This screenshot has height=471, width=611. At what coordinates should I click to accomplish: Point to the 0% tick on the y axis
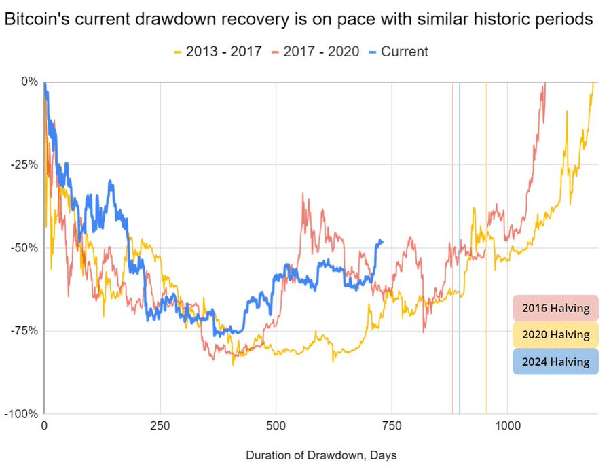pyautogui.click(x=31, y=82)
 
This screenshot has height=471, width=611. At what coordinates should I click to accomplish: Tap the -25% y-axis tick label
pyautogui.click(x=26, y=164)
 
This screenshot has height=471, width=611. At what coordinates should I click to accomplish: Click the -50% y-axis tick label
pyautogui.click(x=26, y=248)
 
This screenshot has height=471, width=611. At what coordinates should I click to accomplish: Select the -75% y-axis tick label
pyautogui.click(x=26, y=331)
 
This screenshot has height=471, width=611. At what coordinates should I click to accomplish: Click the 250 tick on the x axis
pyautogui.click(x=160, y=427)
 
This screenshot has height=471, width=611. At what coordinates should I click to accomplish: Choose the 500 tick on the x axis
pyautogui.click(x=276, y=427)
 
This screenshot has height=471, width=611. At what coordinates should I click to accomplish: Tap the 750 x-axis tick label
pyautogui.click(x=392, y=427)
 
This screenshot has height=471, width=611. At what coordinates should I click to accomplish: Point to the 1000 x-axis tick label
pyautogui.click(x=507, y=427)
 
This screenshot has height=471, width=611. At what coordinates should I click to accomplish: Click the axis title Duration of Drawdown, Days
pyautogui.click(x=321, y=455)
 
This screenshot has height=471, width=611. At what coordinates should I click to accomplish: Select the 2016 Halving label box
pyautogui.click(x=555, y=308)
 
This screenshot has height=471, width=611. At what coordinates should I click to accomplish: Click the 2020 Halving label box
pyautogui.click(x=555, y=334)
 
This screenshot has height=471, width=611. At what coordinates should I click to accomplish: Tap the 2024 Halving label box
pyautogui.click(x=555, y=362)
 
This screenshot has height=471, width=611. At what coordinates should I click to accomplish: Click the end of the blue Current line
pyautogui.click(x=382, y=241)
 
